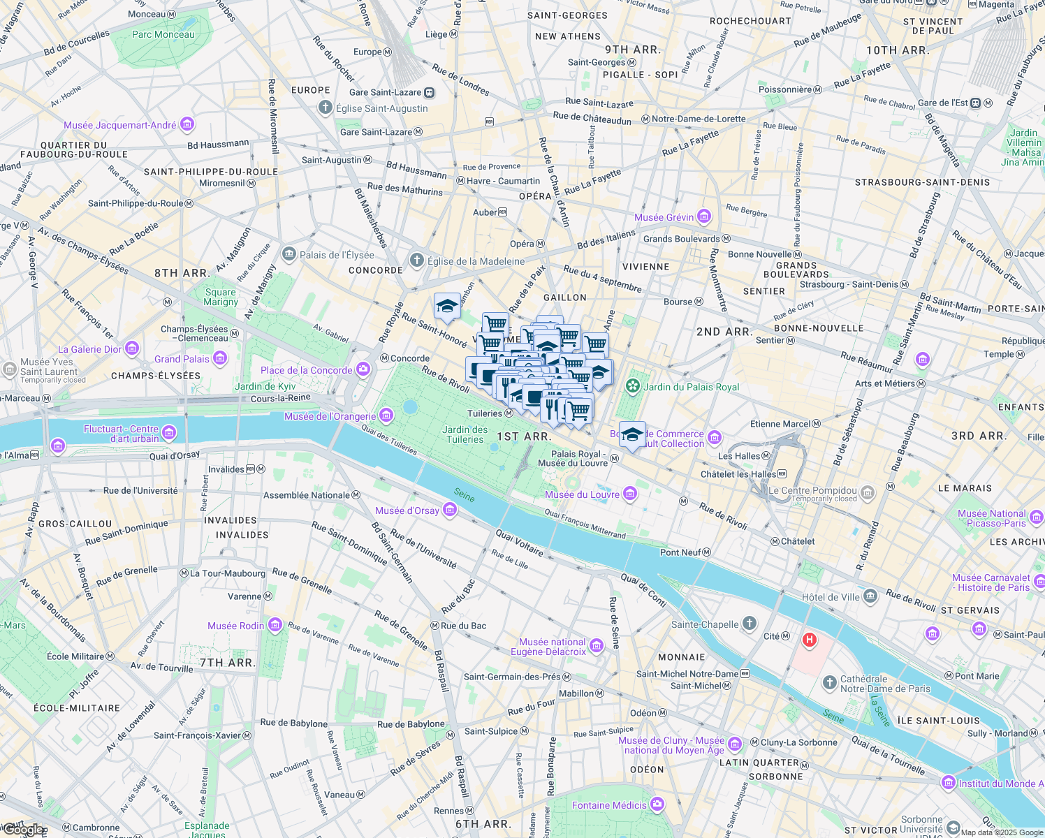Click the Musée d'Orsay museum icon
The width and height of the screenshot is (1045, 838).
450,510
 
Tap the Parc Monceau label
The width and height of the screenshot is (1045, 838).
163,34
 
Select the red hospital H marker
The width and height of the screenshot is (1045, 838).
810,639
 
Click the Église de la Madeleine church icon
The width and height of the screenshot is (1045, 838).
417,261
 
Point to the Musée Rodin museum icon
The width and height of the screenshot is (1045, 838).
275,625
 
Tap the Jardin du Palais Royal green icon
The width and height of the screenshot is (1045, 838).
633,386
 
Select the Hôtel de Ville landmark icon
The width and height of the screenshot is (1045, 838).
870,596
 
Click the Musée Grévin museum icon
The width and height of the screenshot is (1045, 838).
704,216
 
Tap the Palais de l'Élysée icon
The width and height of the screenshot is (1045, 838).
288,254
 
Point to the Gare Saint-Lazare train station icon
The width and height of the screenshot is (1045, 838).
429,92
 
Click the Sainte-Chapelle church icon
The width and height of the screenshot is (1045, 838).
749,624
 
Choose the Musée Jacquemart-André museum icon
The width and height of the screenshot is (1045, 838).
187,125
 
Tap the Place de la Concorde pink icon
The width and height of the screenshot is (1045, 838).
363,369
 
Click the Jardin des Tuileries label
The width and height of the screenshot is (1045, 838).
465,434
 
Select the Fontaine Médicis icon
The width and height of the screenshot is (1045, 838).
657,805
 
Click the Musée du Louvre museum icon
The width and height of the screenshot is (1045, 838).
630,494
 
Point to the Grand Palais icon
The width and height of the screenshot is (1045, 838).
220,359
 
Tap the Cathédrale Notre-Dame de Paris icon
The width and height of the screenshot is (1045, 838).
829,683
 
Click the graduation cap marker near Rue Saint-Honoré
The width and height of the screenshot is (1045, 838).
447,306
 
